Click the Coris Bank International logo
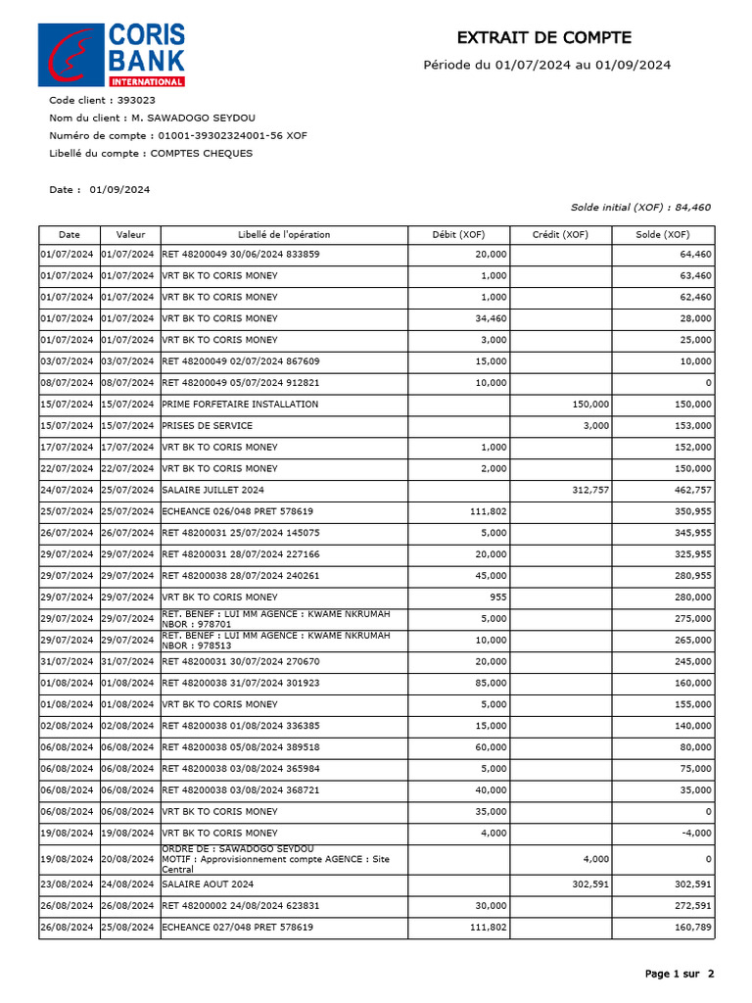pyautogui.click(x=111, y=55)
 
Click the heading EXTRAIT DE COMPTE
pyautogui.click(x=544, y=38)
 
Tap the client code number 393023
pyautogui.click(x=136, y=100)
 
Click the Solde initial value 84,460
pyautogui.click(x=693, y=208)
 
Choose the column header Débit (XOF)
pyautogui.click(x=459, y=235)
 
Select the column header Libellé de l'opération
pyautogui.click(x=284, y=235)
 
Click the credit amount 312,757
pyautogui.click(x=589, y=490)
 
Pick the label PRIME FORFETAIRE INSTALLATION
pyautogui.click(x=240, y=404)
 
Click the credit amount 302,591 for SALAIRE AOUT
pyautogui.click(x=589, y=884)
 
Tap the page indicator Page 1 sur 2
pyautogui.click(x=680, y=974)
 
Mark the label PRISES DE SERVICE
pyautogui.click(x=207, y=425)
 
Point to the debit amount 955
pyautogui.click(x=497, y=597)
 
